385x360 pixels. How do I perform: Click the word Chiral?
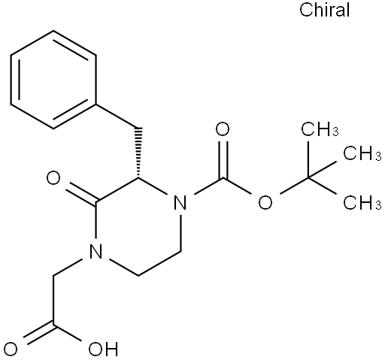pyautogui.click(x=324, y=10)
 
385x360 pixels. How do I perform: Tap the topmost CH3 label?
pyautogui.click(x=320, y=129)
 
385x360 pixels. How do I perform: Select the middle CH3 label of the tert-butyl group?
pyautogui.click(x=362, y=153)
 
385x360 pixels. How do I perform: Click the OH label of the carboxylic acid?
pyautogui.click(x=103, y=349)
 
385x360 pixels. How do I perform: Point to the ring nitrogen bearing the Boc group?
pyautogui.click(x=180, y=202)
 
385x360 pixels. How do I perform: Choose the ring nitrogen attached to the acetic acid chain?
pyautogui.click(x=95, y=251)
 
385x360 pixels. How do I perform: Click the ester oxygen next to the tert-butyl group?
pyautogui.click(x=265, y=202)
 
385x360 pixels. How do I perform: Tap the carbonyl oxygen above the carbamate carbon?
pyautogui.click(x=223, y=129)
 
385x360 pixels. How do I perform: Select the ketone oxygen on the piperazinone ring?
pyautogui.click(x=53, y=178)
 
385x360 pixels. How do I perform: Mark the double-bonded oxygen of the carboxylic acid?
pyautogui.click(x=11, y=349)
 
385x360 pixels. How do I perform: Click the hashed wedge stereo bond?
pyautogui.click(x=138, y=153)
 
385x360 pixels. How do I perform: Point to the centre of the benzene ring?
pyautogui.click(x=53, y=80)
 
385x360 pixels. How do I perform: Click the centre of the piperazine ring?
pyautogui.click(x=138, y=227)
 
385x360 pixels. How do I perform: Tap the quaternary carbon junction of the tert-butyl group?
pyautogui.click(x=308, y=178)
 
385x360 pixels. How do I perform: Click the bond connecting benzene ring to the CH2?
pyautogui.click(x=117, y=116)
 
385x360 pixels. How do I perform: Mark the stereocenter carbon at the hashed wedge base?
pyautogui.click(x=138, y=178)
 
